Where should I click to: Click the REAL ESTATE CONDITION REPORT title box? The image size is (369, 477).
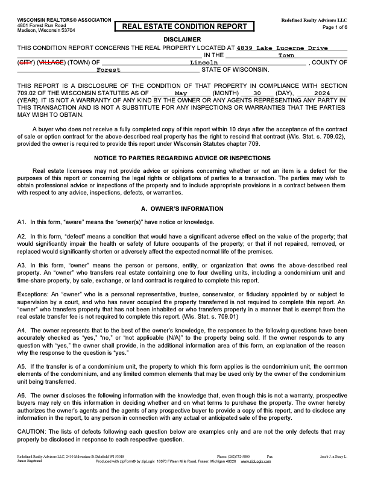pyautogui.click(x=184, y=26)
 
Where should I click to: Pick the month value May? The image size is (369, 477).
pyautogui.click(x=181, y=93)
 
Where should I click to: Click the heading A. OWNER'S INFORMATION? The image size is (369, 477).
pyautogui.click(x=184, y=209)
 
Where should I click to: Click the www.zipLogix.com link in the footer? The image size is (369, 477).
pyautogui.click(x=256, y=461)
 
